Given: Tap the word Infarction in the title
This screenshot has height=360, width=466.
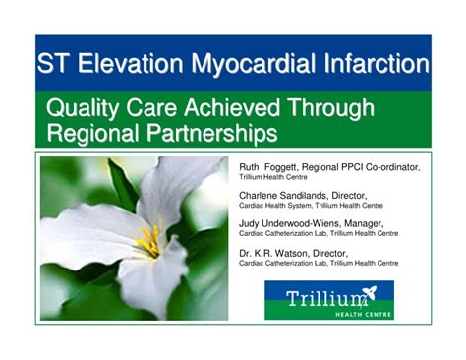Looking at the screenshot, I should pos(375,65).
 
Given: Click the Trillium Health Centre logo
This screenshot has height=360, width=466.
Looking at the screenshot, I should pos(328,300).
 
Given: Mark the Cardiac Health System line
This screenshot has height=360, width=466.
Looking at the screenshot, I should pos(312,206).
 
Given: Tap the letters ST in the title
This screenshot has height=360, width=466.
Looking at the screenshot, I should pos(54,65).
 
